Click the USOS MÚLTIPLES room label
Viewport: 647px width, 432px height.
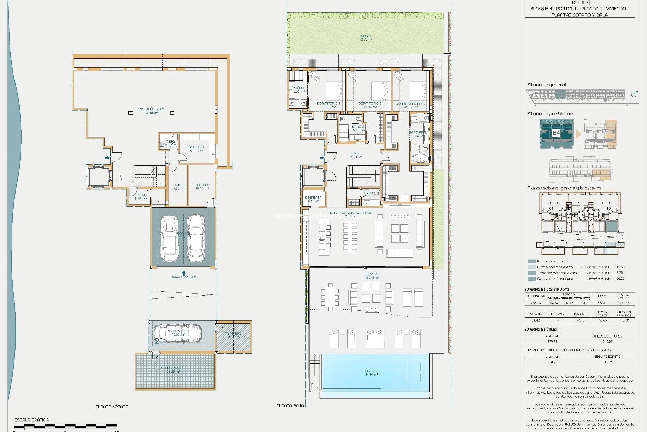(x=151, y=109)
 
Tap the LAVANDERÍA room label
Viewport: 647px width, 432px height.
(x=195, y=147)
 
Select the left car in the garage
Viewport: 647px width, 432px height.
(x=169, y=238)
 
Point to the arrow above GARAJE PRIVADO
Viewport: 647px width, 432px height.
(x=184, y=273)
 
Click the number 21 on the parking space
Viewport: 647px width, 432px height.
(x=159, y=341)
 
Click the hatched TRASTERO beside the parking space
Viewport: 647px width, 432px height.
(x=234, y=335)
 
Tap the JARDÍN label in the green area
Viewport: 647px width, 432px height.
(x=365, y=36)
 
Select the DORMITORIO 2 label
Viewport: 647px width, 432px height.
(x=370, y=104)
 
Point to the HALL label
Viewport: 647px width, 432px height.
(x=356, y=153)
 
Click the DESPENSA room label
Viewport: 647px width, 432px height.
(x=313, y=198)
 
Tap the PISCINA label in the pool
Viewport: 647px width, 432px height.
(x=371, y=371)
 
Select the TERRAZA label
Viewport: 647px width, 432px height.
(x=372, y=274)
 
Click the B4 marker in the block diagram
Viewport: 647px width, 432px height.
(x=556, y=133)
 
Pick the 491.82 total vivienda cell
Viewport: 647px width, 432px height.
(x=624, y=303)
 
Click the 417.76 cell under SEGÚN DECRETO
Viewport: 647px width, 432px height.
(x=607, y=362)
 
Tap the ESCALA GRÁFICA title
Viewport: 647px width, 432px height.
(x=32, y=420)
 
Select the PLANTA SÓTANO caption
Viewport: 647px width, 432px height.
(x=112, y=407)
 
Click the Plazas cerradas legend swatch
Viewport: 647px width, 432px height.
(x=532, y=261)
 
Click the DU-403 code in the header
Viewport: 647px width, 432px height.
(x=580, y=3)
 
